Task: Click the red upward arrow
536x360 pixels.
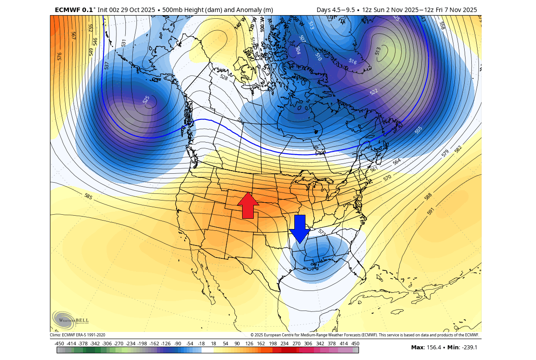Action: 248,206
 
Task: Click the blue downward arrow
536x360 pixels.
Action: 300,229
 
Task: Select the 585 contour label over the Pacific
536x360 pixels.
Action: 88,196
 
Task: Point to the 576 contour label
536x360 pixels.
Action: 60,57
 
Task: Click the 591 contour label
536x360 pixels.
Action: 431,211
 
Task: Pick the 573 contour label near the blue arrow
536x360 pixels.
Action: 322,232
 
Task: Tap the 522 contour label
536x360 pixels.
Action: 374,92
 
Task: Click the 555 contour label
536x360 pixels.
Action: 418,130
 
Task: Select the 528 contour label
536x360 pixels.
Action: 224,77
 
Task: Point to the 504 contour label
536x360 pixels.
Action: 297,51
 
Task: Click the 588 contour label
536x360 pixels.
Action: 428,196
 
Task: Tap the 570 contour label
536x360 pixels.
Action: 387,178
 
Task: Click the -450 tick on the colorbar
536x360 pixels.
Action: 59,344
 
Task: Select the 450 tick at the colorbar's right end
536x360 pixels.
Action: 355,344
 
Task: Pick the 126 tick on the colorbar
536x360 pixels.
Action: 249,344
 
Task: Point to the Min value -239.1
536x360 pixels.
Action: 470,348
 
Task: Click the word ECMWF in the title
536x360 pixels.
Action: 66,10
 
